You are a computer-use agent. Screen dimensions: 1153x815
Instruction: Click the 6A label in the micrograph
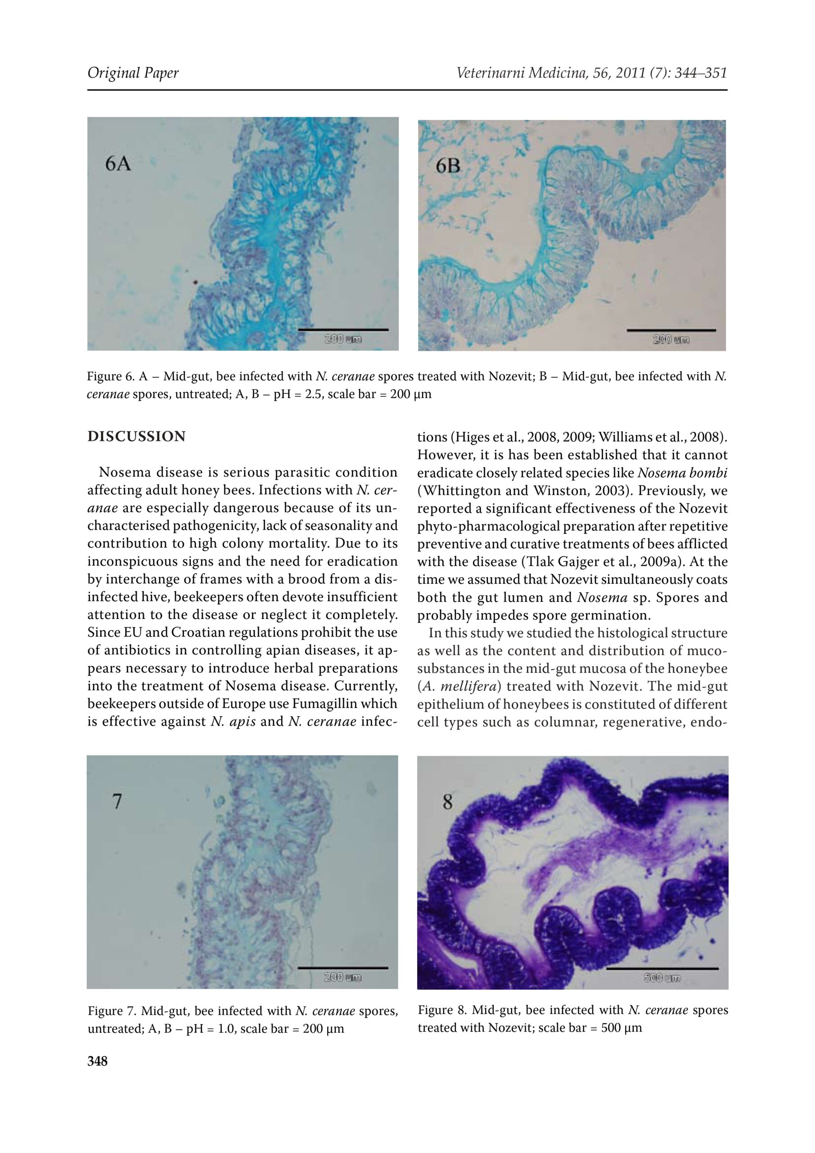[118, 163]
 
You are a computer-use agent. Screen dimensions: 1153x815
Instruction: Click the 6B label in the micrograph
[448, 166]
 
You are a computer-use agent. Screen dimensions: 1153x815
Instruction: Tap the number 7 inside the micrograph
[117, 802]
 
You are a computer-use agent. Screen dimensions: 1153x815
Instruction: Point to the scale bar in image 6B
[671, 331]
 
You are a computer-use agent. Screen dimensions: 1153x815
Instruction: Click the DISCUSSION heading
[136, 436]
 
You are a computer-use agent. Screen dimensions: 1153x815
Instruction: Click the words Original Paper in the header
[133, 73]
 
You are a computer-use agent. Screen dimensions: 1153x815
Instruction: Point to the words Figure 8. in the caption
[441, 1010]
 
